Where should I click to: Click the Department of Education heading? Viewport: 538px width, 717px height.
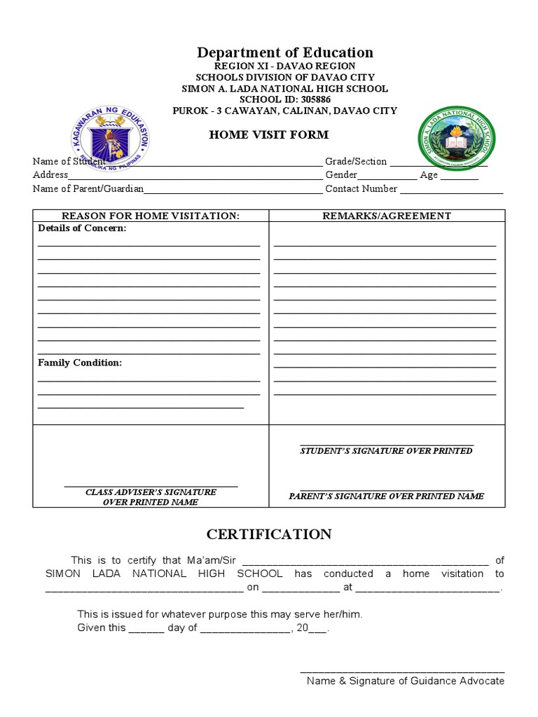coord(284,53)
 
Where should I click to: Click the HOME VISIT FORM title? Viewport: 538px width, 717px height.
coord(268,134)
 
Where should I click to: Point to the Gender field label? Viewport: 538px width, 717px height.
coord(341,175)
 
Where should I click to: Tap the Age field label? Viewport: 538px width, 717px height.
coord(429,175)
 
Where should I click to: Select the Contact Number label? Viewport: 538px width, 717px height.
coord(361,188)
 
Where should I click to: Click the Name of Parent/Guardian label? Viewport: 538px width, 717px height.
coord(88,188)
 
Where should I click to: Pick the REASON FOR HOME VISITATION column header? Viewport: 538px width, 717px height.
coord(151,216)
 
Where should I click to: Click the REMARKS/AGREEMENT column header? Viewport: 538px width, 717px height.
coord(387,216)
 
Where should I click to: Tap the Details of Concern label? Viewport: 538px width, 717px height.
coord(82,228)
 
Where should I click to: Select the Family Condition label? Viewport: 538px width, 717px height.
coord(80,363)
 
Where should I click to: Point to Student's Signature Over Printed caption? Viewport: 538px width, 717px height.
coord(386,451)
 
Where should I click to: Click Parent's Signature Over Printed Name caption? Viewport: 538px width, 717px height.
coord(386,496)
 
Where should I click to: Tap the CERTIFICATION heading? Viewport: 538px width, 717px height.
coord(269,534)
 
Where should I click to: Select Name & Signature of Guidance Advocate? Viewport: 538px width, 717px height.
coord(405,681)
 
